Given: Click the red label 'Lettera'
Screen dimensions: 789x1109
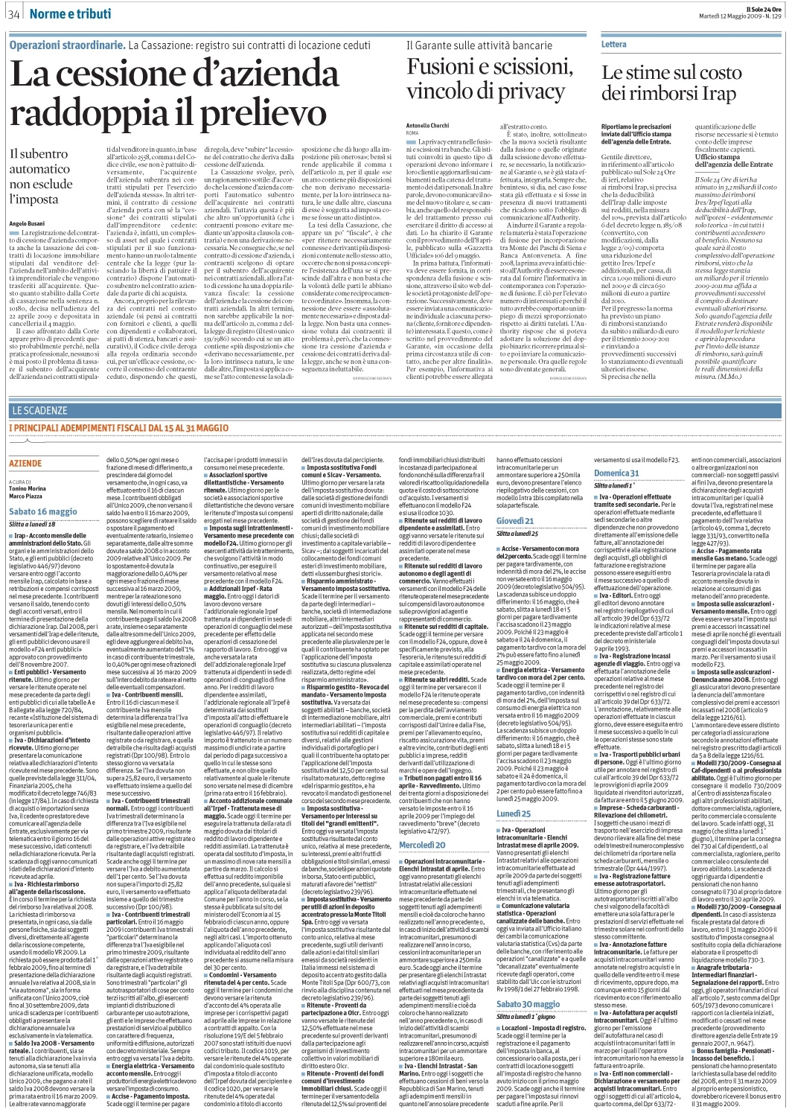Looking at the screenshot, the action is [614, 45].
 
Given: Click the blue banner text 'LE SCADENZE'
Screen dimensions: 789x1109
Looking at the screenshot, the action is [40, 410].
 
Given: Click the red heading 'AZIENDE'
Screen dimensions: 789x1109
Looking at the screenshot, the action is [25, 463].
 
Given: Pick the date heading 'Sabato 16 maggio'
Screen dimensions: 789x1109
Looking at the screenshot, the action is [43, 512].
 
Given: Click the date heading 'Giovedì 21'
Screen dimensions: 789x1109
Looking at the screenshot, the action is [515, 520].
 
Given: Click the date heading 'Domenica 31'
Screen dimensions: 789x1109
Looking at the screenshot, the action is [616, 473].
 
